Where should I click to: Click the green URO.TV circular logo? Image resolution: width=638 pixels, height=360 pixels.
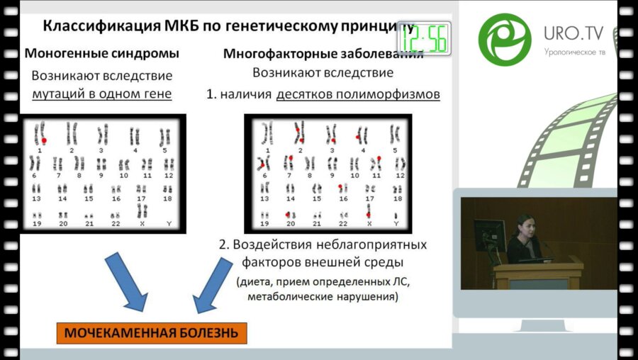[504, 40]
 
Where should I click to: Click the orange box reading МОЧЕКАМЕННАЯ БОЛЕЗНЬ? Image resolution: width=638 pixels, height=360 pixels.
[152, 333]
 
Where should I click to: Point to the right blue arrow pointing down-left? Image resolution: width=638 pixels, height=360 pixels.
[213, 282]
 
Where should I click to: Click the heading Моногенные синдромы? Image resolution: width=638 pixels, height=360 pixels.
[102, 53]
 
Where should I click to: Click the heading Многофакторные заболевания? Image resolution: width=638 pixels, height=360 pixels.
[323, 55]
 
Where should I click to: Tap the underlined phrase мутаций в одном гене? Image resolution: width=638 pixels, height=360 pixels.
[102, 93]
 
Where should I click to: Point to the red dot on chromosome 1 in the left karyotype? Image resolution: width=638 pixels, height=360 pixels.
[44, 141]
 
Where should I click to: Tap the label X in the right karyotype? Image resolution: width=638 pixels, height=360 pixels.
[369, 223]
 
